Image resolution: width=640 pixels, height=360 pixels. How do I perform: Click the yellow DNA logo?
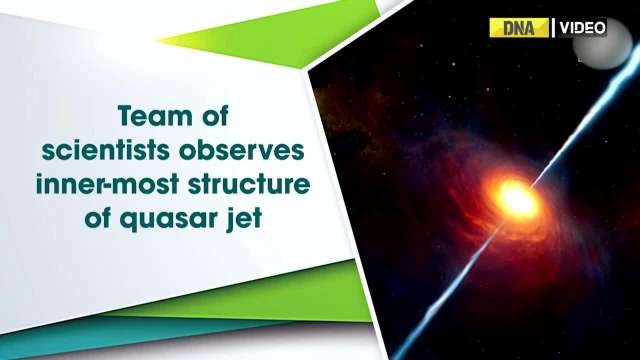click(519, 28)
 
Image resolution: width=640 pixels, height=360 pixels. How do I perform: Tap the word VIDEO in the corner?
click(581, 28)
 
